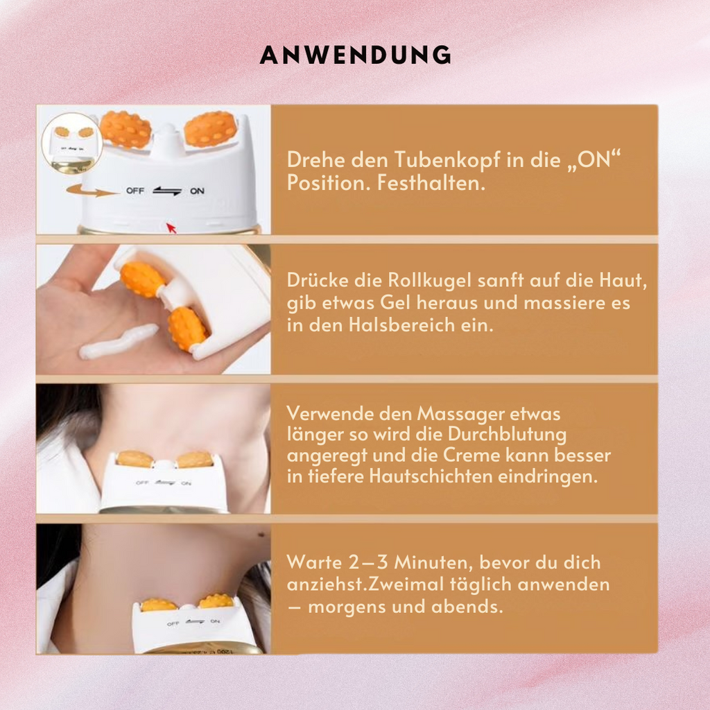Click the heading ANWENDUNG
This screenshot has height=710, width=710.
pyautogui.click(x=356, y=55)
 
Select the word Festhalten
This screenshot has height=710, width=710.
pyautogui.click(x=431, y=183)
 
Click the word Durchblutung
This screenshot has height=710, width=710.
pyautogui.click(x=507, y=435)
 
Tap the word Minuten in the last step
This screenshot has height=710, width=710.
pyautogui.click(x=434, y=562)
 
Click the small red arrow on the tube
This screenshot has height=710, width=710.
pyautogui.click(x=171, y=227)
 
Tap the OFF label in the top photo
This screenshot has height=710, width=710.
pyautogui.click(x=135, y=191)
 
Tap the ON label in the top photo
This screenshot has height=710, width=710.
pyautogui.click(x=197, y=191)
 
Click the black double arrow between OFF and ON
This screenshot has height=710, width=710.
pyautogui.click(x=167, y=191)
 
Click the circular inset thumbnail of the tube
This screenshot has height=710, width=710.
pyautogui.click(x=71, y=143)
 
